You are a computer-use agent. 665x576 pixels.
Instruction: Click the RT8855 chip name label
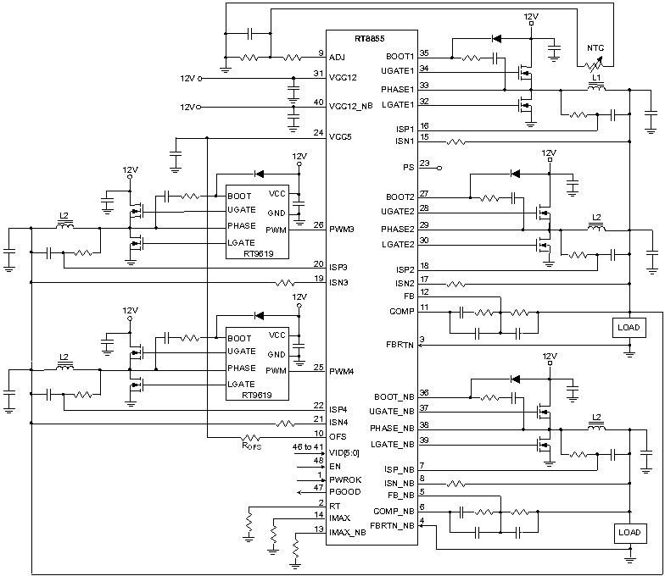tap(371, 40)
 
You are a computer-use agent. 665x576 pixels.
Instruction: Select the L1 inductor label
tap(596, 77)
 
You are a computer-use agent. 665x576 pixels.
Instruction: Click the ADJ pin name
tap(338, 57)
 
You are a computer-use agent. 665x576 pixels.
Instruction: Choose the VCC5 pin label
tap(342, 136)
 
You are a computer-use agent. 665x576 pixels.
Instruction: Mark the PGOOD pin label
tap(346, 491)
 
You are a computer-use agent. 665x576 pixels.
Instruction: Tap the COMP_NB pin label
tap(394, 511)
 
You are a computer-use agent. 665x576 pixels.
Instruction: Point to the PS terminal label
tap(408, 167)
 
